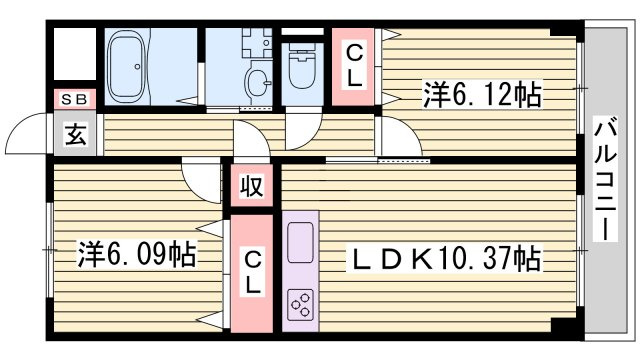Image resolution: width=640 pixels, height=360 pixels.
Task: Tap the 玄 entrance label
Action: [76, 135]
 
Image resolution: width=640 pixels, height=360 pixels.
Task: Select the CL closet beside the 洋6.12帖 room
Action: [355, 65]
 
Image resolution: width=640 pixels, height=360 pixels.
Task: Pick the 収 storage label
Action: [252, 186]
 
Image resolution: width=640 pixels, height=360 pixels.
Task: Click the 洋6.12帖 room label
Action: [482, 96]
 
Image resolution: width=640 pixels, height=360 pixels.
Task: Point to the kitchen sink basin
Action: [300, 241]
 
